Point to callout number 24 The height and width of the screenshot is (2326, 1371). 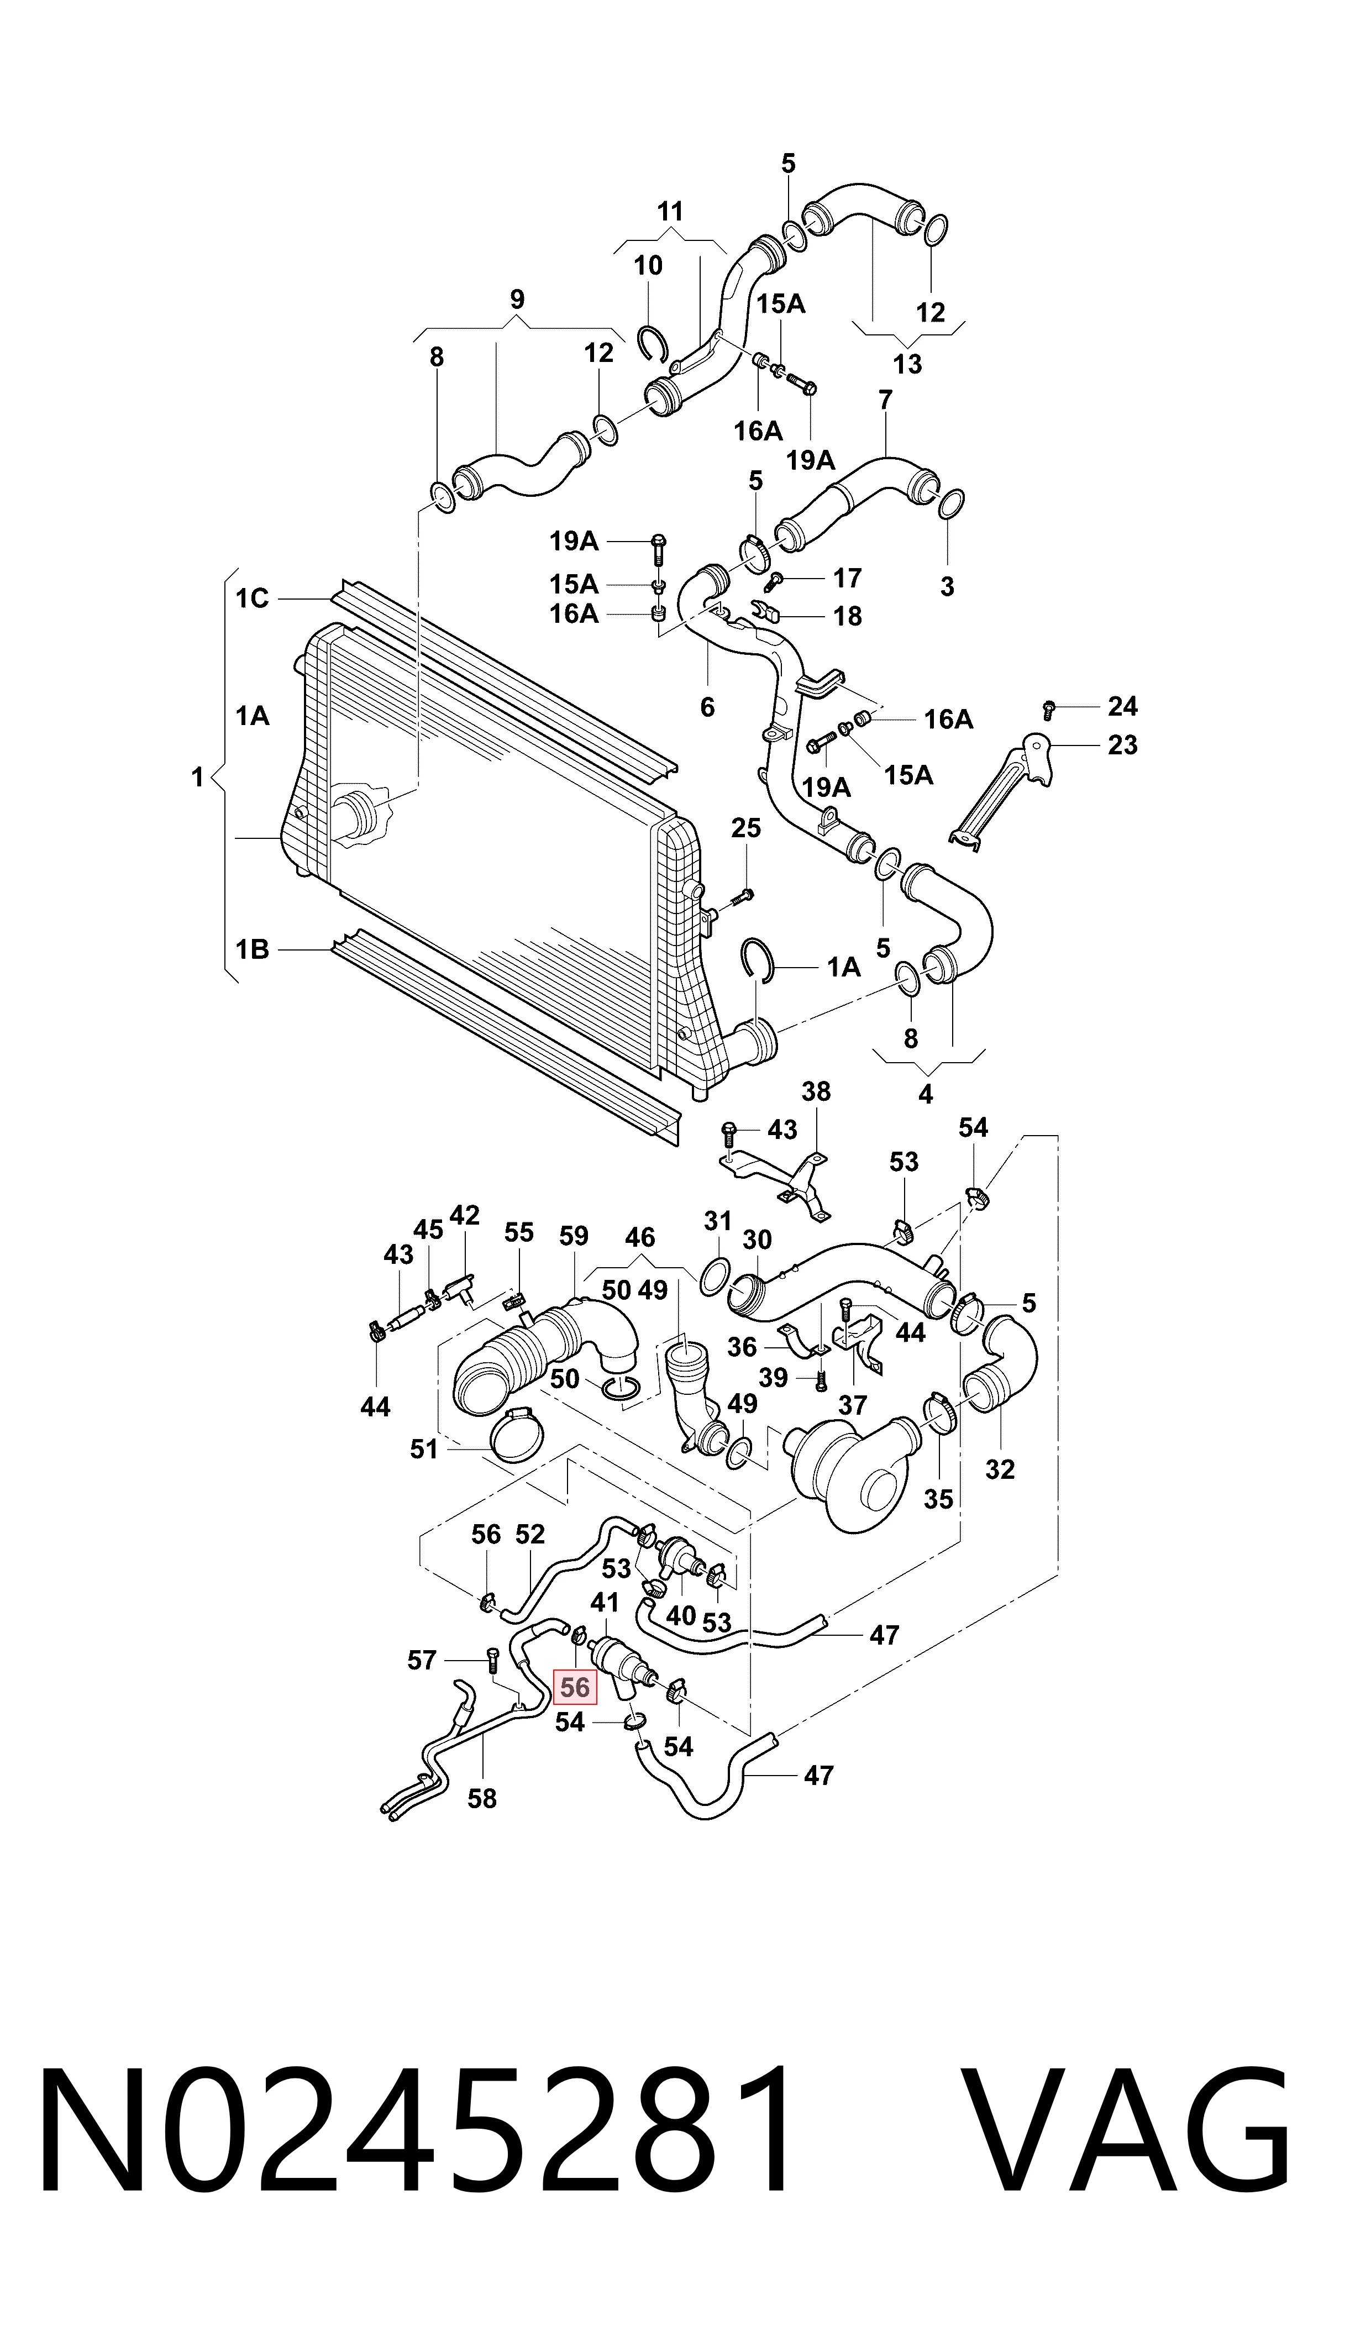[1122, 706]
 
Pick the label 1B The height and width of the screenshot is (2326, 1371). [251, 949]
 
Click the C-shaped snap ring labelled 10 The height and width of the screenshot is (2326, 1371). [654, 344]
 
